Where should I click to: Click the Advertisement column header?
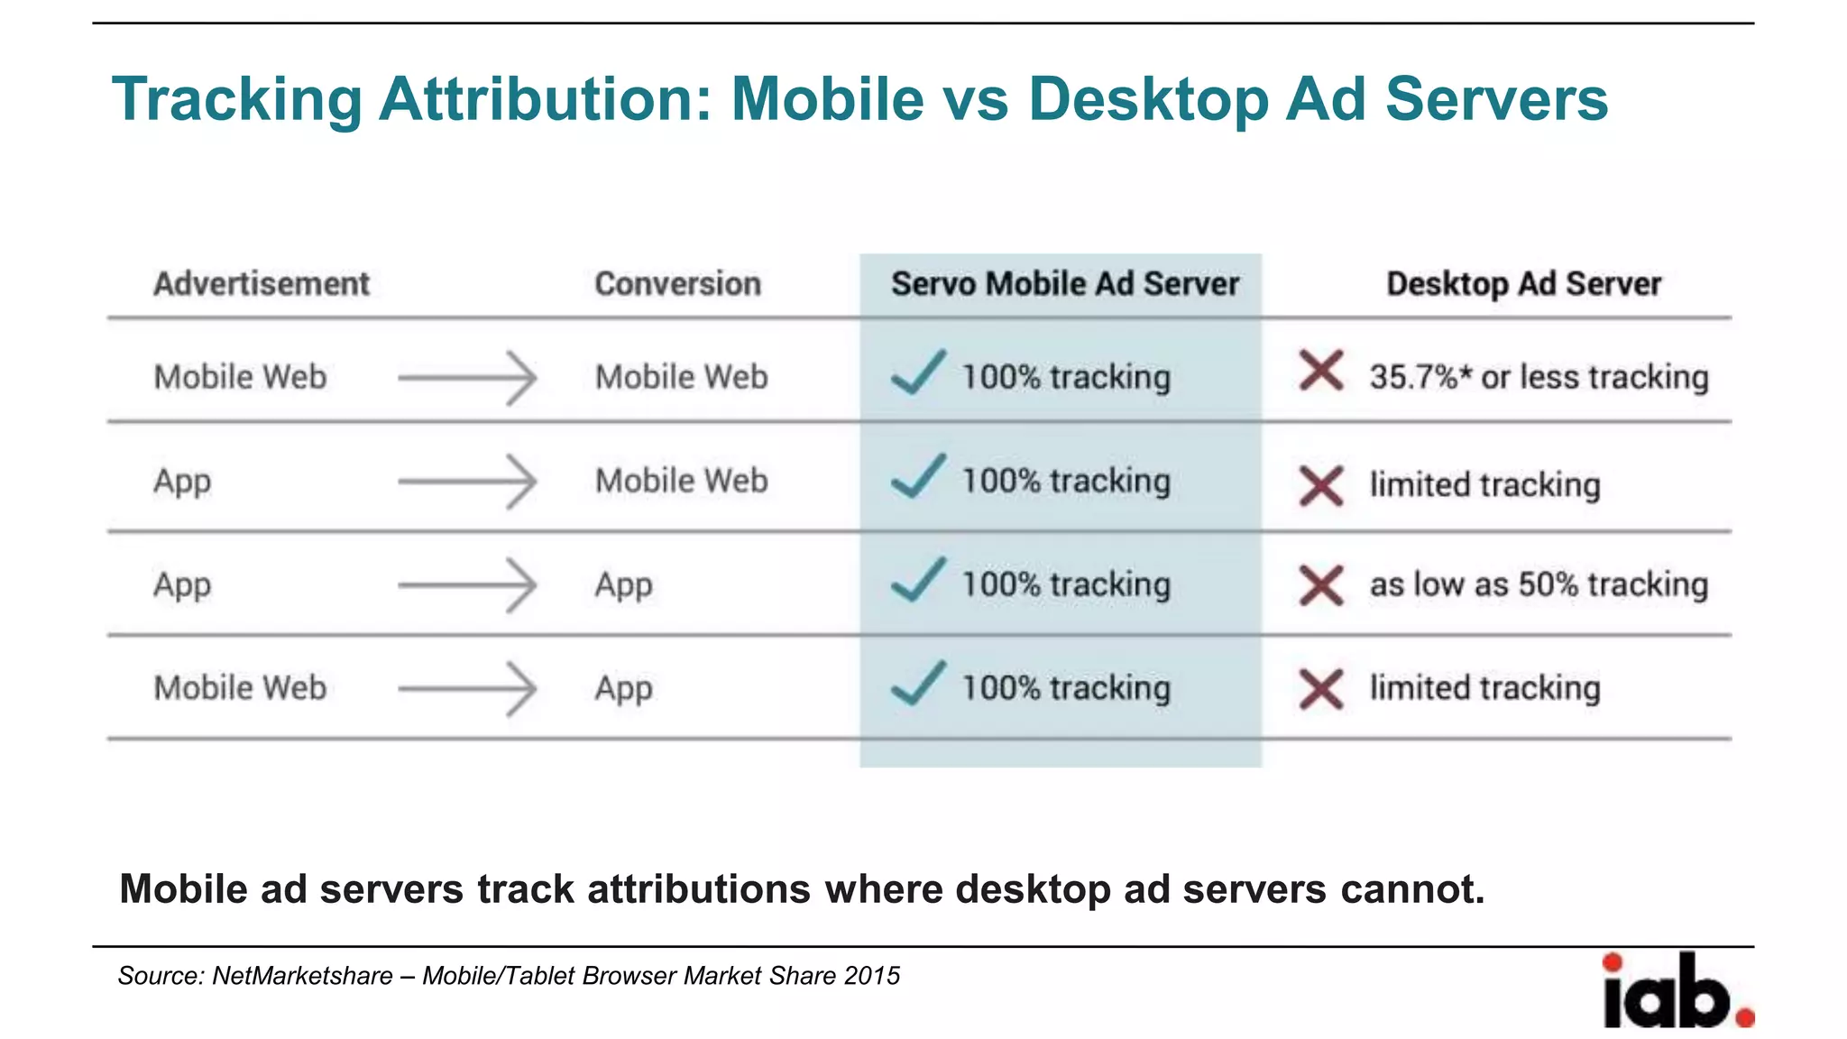tap(261, 284)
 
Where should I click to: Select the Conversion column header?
tap(677, 284)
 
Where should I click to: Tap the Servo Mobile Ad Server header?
tap(1064, 284)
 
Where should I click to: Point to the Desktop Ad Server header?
tap(1523, 284)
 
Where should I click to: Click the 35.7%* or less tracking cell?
tap(1539, 377)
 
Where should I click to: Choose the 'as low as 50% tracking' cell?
tap(1539, 584)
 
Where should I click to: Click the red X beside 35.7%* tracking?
tap(1321, 371)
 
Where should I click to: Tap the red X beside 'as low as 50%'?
tap(1321, 584)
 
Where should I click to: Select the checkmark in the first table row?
tap(918, 372)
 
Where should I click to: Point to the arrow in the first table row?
tap(467, 378)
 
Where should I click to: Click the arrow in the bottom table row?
tap(467, 689)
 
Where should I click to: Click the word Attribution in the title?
tap(546, 98)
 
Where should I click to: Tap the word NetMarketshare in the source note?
tap(302, 976)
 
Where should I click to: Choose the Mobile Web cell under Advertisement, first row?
tap(240, 377)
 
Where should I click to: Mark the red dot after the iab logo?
tap(1745, 1018)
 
